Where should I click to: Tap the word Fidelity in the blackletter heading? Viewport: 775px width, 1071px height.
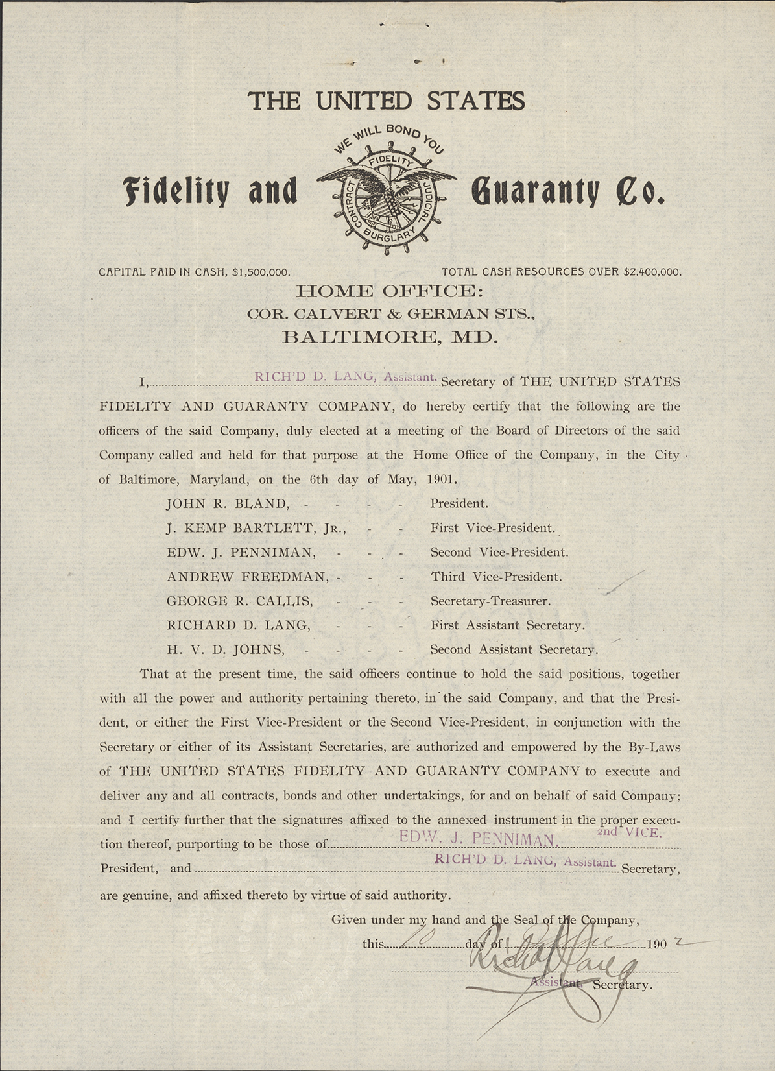[x=176, y=191]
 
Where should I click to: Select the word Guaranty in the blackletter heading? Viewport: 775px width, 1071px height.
[x=535, y=191]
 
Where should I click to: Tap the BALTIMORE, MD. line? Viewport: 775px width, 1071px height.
[x=390, y=337]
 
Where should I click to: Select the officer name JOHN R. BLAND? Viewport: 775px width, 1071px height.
[x=226, y=503]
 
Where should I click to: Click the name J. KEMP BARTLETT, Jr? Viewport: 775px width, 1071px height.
[x=256, y=528]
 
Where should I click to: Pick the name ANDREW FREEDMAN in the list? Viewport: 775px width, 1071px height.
[x=247, y=577]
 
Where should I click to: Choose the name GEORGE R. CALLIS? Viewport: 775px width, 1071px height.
[x=239, y=601]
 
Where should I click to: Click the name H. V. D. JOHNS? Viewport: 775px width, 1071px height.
[x=225, y=649]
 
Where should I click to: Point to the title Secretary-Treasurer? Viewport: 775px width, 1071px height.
[x=490, y=601]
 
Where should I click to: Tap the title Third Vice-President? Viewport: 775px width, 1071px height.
[x=496, y=577]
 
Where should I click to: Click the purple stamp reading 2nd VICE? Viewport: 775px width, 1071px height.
[x=629, y=832]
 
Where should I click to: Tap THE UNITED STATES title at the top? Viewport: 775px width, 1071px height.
[x=387, y=101]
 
